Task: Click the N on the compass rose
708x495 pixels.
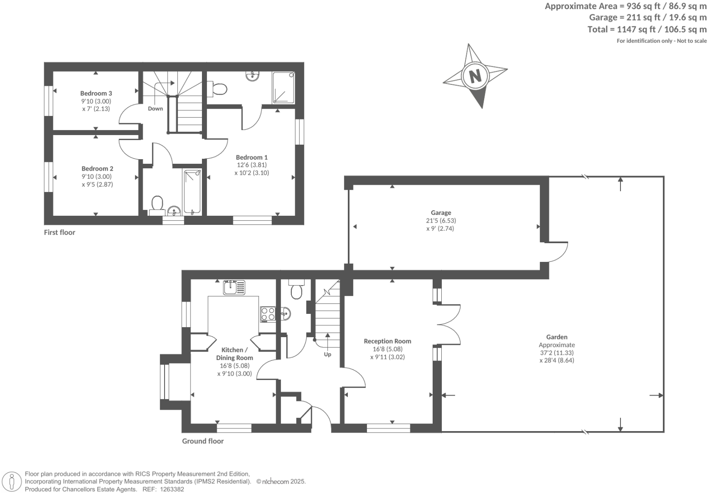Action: (x=475, y=75)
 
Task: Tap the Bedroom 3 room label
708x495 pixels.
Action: (x=96, y=94)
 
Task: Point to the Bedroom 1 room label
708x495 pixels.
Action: (x=252, y=157)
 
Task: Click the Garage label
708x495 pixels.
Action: (x=441, y=213)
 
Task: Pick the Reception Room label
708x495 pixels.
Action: (x=388, y=341)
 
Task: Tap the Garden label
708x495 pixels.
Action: (x=557, y=337)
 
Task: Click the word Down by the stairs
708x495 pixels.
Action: (x=155, y=109)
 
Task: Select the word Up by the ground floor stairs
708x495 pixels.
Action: (x=327, y=354)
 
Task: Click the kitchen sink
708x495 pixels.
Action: (x=234, y=287)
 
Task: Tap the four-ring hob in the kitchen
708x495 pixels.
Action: (x=268, y=314)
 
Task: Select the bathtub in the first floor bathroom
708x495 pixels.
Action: (x=192, y=191)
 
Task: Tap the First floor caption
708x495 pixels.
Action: (x=59, y=232)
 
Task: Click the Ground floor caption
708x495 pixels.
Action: (x=203, y=441)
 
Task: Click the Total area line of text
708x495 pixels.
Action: (x=647, y=30)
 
